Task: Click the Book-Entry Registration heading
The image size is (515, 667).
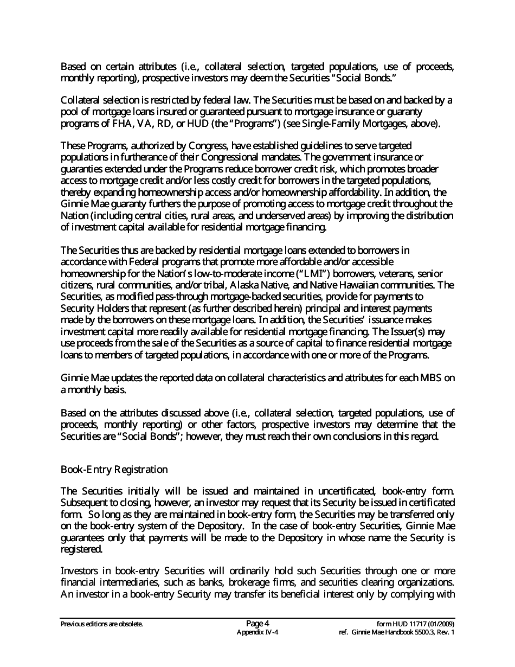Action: click(114, 469)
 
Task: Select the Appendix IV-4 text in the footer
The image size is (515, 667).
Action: click(257, 632)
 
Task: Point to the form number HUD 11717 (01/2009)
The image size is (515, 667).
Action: click(416, 624)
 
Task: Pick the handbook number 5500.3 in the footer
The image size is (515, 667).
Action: click(420, 632)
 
